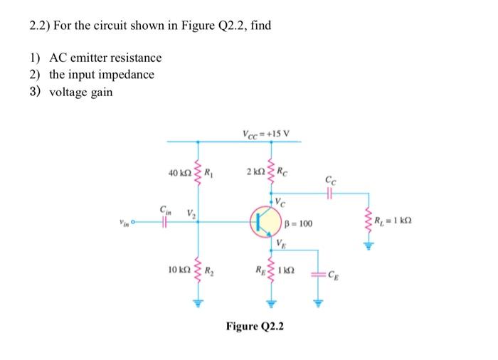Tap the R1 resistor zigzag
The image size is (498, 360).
click(197, 173)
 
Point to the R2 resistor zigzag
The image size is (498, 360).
click(197, 271)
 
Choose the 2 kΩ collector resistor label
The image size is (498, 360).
click(253, 172)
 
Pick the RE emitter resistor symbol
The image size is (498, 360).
click(271, 271)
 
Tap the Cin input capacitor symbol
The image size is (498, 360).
click(164, 222)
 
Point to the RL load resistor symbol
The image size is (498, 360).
click(369, 222)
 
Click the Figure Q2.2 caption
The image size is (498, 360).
click(254, 327)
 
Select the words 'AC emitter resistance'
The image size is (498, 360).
click(105, 58)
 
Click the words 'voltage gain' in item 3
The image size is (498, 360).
click(80, 92)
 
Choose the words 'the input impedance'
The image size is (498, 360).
click(101, 75)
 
